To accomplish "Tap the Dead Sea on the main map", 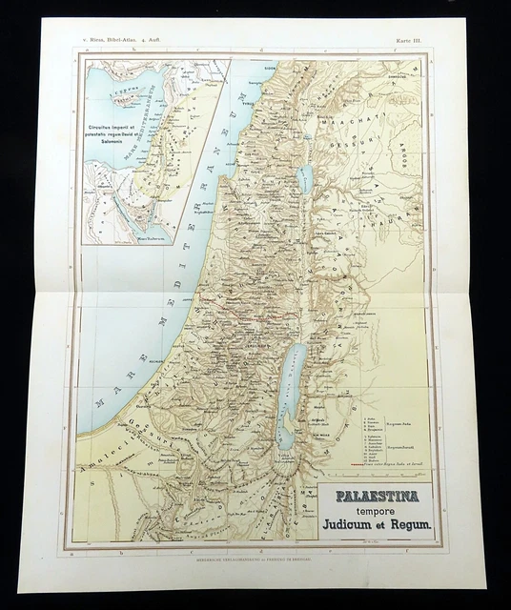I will pyautogui.click(x=287, y=381).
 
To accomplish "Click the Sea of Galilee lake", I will pyautogui.click(x=304, y=177).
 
